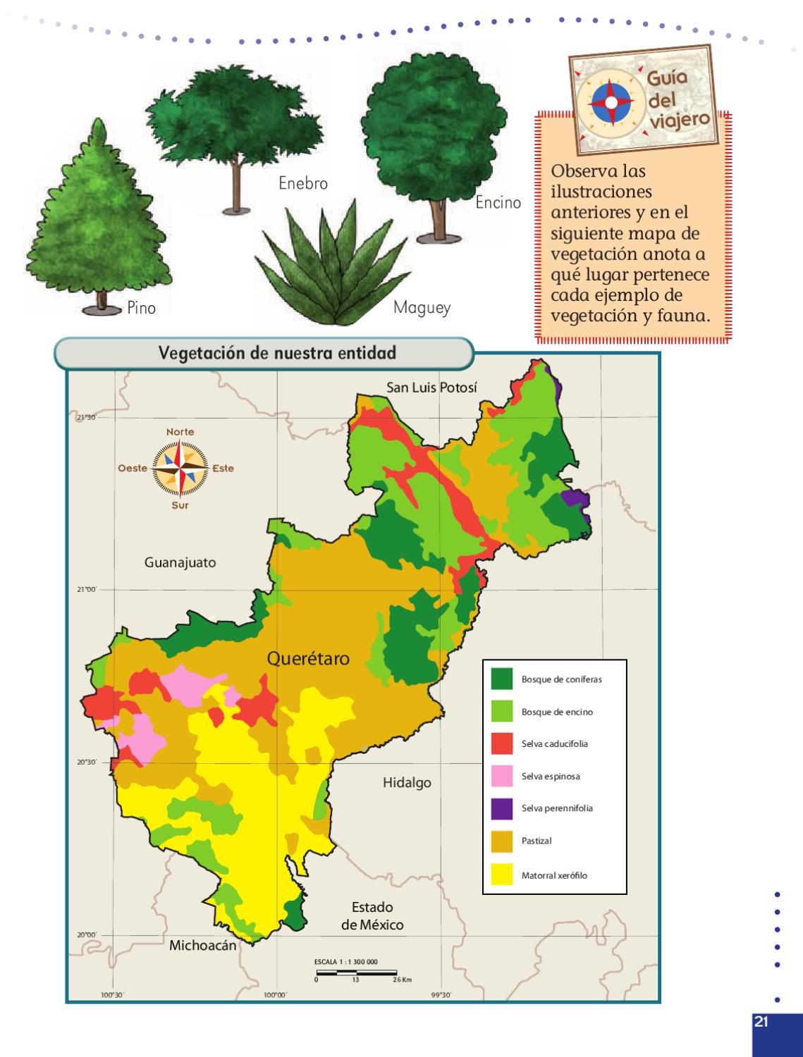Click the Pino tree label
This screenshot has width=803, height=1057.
[x=142, y=308]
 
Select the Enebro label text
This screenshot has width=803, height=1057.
[x=303, y=183]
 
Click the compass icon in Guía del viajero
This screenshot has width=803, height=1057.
[x=611, y=102]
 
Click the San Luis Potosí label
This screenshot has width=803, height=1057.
[x=431, y=388]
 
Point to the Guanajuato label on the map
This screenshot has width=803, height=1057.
[x=180, y=562]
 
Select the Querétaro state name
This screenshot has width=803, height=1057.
[x=308, y=658]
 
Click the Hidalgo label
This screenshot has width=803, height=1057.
[x=407, y=783]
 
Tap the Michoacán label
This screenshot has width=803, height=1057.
[x=202, y=946]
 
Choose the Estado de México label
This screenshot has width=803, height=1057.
[x=372, y=915]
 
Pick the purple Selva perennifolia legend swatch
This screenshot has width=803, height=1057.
[x=502, y=808]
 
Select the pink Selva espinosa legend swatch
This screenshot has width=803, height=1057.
[x=502, y=776]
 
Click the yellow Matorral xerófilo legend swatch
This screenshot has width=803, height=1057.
[x=502, y=875]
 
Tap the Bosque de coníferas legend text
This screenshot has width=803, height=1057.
[x=561, y=680]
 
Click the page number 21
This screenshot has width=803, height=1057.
[x=761, y=1022]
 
